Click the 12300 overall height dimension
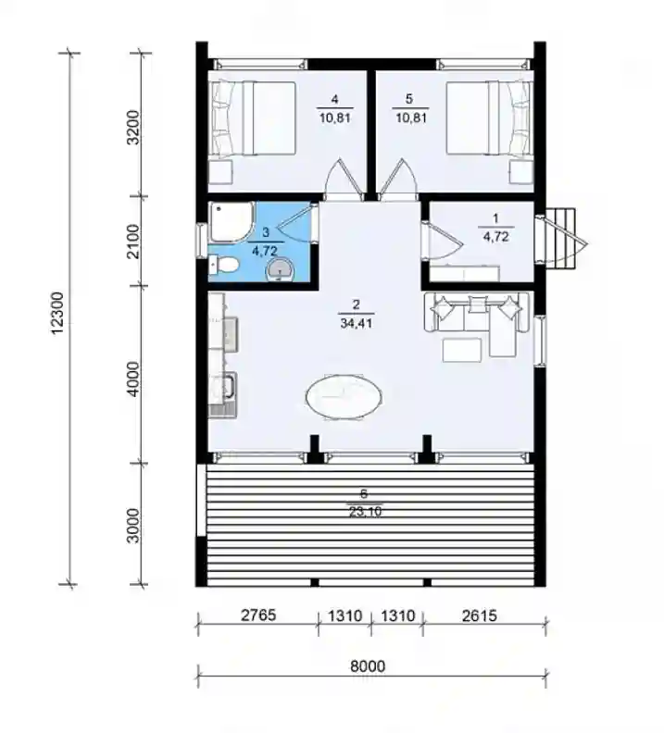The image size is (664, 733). (x=56, y=313)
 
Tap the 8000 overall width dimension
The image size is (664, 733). (x=368, y=665)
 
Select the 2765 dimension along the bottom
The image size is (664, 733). (x=258, y=615)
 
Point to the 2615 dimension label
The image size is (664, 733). (x=480, y=615)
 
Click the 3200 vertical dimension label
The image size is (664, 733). (x=133, y=127)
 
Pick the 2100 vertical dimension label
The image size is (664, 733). (x=133, y=242)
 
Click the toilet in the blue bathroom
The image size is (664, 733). (x=224, y=265)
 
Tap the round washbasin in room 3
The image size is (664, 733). (x=280, y=271)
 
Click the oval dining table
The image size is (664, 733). (x=344, y=397)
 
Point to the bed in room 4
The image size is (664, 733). (x=253, y=118)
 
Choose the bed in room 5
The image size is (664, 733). (x=490, y=118)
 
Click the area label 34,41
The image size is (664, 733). (x=357, y=323)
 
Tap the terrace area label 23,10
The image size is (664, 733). (x=365, y=512)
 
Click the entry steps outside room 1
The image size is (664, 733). (x=564, y=239)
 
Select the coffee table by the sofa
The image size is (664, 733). (x=462, y=350)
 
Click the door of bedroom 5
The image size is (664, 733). (x=397, y=180)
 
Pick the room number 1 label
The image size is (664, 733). (x=495, y=217)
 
